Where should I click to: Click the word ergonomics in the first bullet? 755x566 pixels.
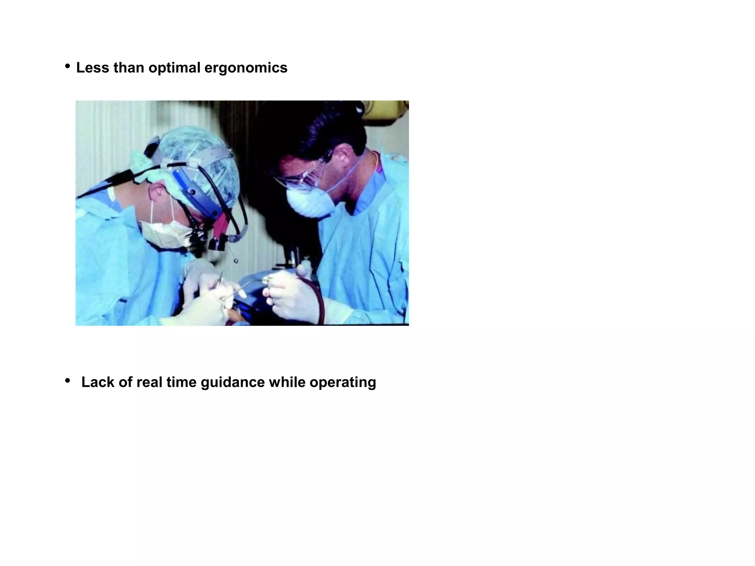click(x=246, y=68)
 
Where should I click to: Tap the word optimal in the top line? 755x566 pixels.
click(x=174, y=68)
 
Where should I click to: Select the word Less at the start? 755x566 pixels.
click(x=93, y=68)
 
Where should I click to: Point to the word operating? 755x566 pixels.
click(x=342, y=382)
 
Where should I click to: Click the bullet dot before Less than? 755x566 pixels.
click(x=67, y=67)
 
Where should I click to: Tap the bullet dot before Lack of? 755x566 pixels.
click(x=67, y=381)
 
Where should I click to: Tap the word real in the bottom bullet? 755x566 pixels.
click(x=149, y=382)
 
